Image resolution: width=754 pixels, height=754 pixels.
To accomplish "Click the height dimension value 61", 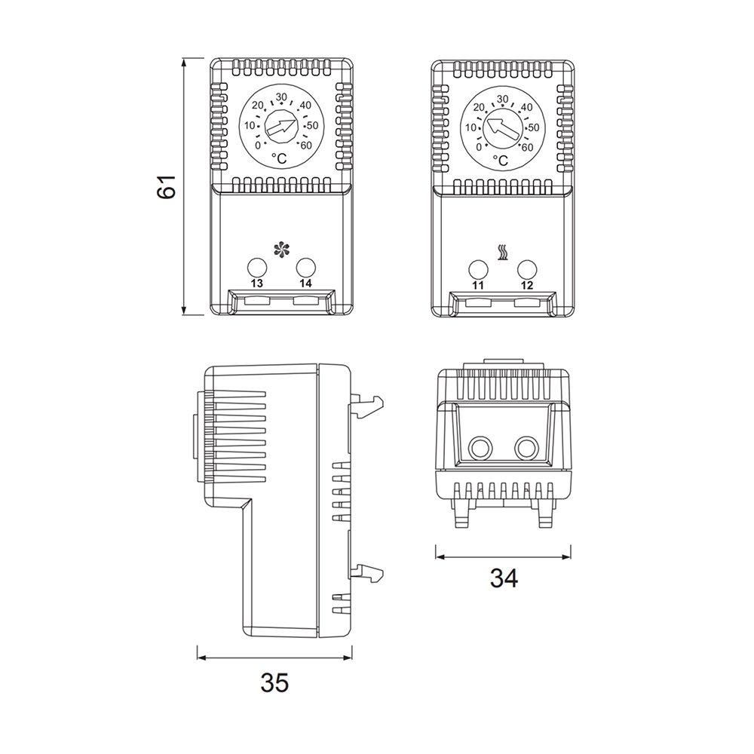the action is [x=167, y=187].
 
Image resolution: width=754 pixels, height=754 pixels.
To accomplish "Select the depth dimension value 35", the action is [x=274, y=682].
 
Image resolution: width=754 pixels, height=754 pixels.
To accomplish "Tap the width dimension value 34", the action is [x=504, y=578].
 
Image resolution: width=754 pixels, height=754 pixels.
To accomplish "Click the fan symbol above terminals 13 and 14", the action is [x=281, y=250].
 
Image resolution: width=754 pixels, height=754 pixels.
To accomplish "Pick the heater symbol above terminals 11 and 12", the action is [x=502, y=253].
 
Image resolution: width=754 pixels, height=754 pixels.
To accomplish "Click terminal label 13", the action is [x=257, y=284].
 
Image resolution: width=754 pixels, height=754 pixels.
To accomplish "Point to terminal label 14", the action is [x=305, y=284].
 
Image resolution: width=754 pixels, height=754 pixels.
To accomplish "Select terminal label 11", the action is [x=477, y=285].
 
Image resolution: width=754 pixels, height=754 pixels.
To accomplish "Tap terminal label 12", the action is [x=527, y=285].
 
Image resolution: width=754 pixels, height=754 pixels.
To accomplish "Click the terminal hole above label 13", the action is [x=257, y=267].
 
